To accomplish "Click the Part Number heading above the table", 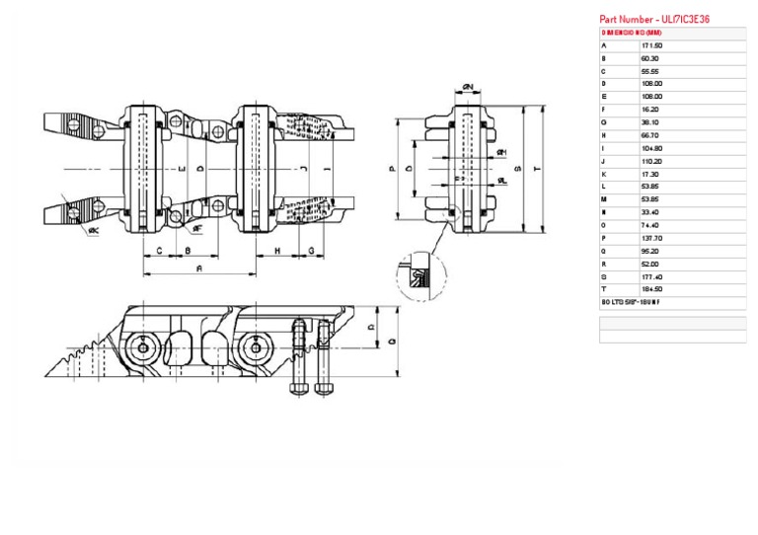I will coord(654,19).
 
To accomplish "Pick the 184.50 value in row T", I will coord(651,289).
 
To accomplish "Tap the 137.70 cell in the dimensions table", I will coord(651,238).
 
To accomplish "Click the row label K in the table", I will coord(603,174).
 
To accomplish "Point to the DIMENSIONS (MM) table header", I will coord(632,33).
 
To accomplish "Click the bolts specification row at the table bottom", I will coord(632,302).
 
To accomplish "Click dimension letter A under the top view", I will coord(200,267).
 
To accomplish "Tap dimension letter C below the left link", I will coord(159,251).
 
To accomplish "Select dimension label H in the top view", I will coord(277,251).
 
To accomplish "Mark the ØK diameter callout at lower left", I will coord(92,231).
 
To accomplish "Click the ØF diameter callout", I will coord(197,228).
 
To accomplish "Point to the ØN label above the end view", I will coord(468,89).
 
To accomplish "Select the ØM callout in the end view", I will coord(501,153).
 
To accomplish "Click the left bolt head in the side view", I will coord(298,387).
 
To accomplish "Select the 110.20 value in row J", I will coord(651,161).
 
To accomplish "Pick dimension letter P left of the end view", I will coord(393,169).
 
